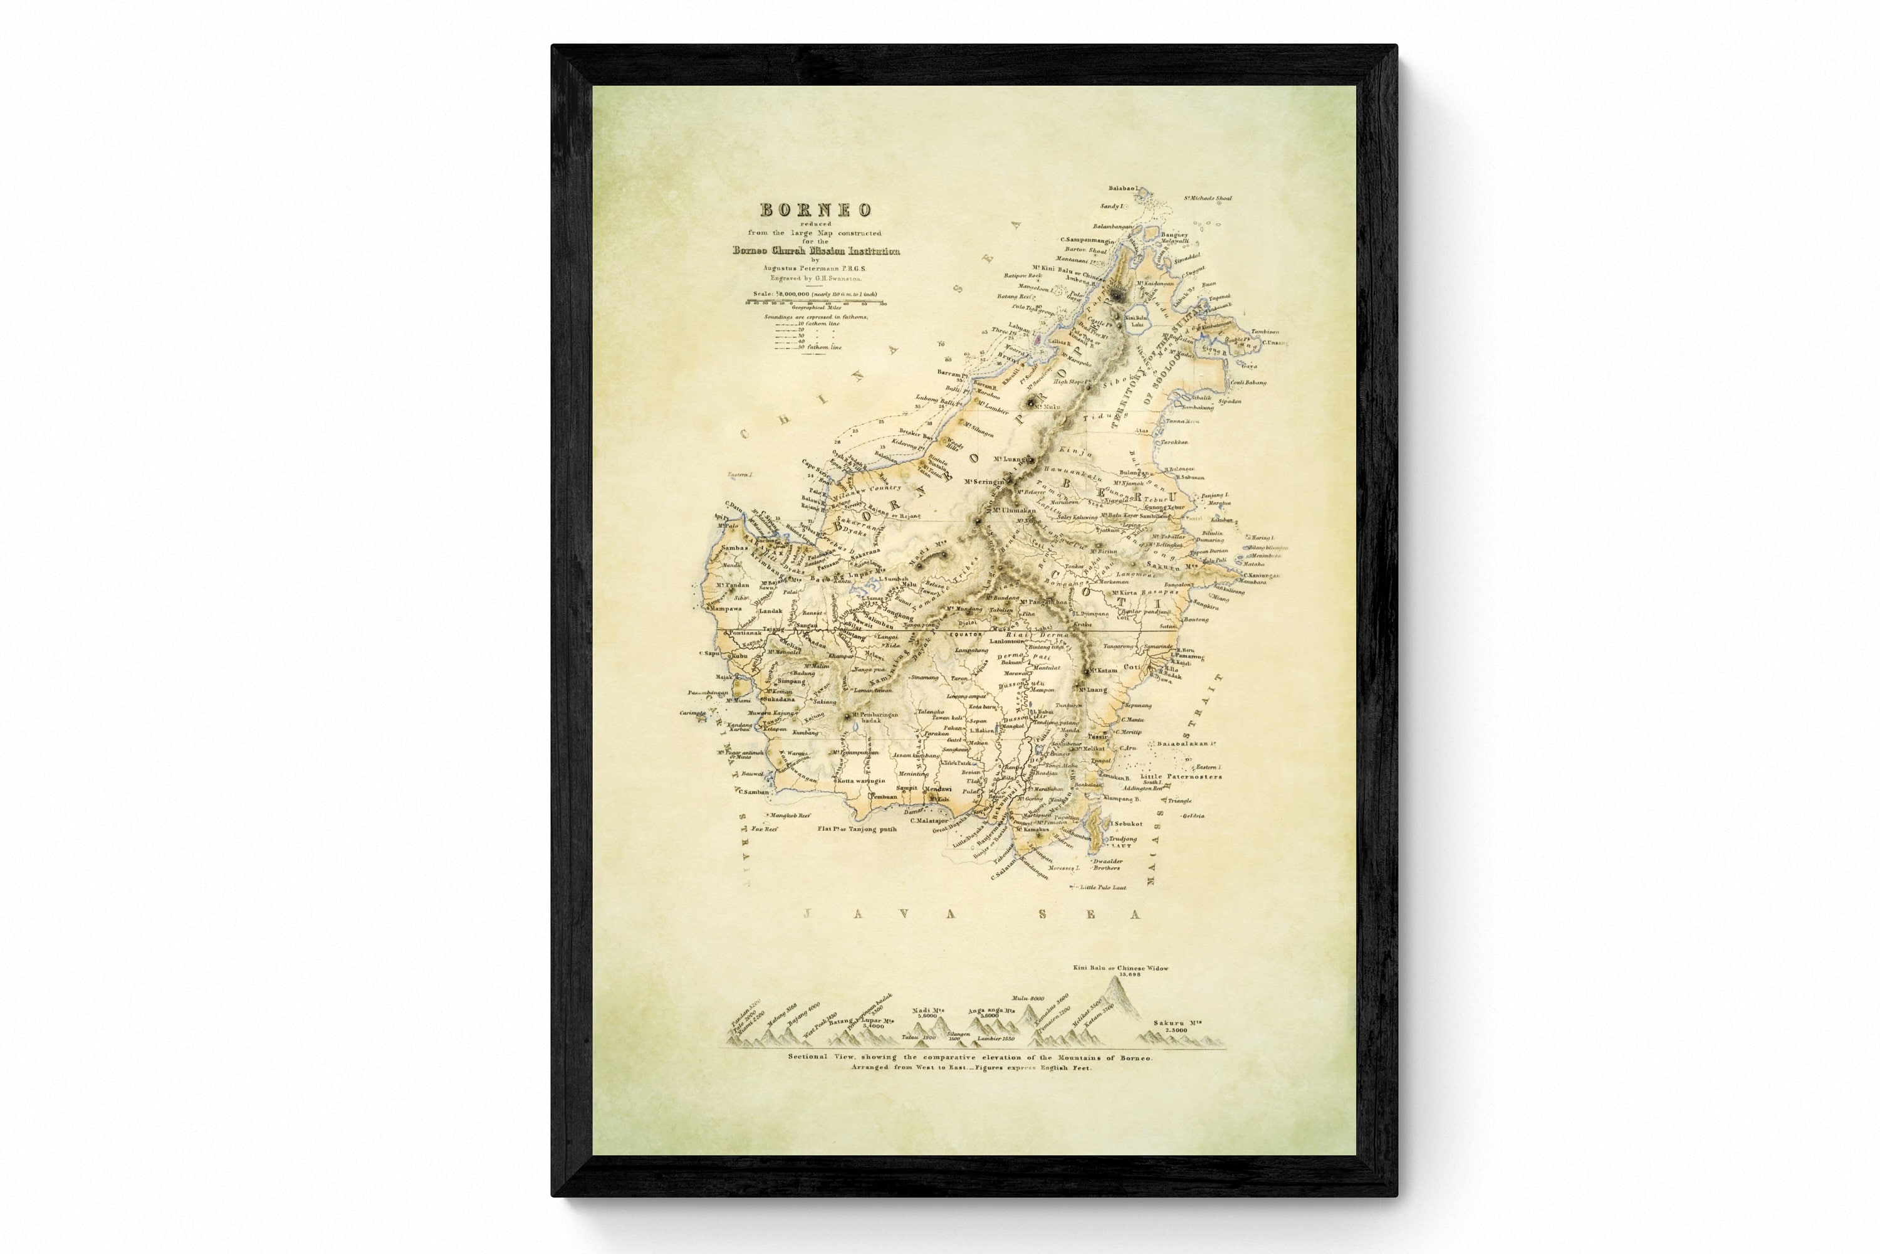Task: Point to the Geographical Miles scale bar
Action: (816, 302)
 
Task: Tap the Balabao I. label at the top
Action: (1123, 189)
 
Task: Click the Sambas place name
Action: (734, 548)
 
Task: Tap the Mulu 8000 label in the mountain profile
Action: (1028, 998)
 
